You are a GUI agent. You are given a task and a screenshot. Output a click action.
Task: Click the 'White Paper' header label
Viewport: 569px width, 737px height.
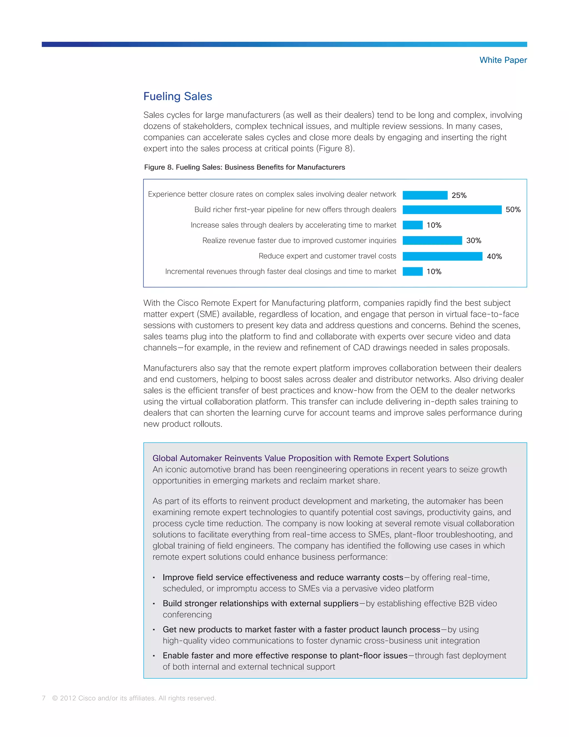point(503,60)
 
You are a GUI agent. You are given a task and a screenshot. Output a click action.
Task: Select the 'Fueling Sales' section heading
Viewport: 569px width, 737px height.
point(178,96)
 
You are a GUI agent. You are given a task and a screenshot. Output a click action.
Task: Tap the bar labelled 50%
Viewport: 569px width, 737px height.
point(452,210)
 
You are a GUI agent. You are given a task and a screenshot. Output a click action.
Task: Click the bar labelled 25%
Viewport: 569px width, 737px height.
point(425,195)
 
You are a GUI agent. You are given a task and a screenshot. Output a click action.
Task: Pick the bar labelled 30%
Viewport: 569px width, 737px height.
point(432,240)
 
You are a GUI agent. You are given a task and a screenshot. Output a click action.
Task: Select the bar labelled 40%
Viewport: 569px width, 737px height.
point(442,256)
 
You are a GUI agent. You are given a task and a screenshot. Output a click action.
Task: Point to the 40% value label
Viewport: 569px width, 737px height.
point(494,256)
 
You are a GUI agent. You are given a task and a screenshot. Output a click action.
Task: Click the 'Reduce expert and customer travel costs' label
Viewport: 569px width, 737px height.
point(327,256)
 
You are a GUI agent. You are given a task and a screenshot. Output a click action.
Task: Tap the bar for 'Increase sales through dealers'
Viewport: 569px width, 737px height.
point(413,225)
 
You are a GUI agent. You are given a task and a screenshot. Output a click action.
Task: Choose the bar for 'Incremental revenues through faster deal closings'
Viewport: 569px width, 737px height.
point(413,271)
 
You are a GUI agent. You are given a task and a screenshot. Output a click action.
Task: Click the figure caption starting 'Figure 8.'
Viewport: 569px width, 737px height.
point(244,167)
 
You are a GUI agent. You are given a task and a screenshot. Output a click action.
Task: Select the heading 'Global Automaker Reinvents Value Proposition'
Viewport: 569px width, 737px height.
point(300,458)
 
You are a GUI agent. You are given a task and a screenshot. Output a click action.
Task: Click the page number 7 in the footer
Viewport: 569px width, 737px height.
point(44,698)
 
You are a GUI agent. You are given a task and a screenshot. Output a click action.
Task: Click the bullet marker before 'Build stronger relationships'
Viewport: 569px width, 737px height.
point(154,604)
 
